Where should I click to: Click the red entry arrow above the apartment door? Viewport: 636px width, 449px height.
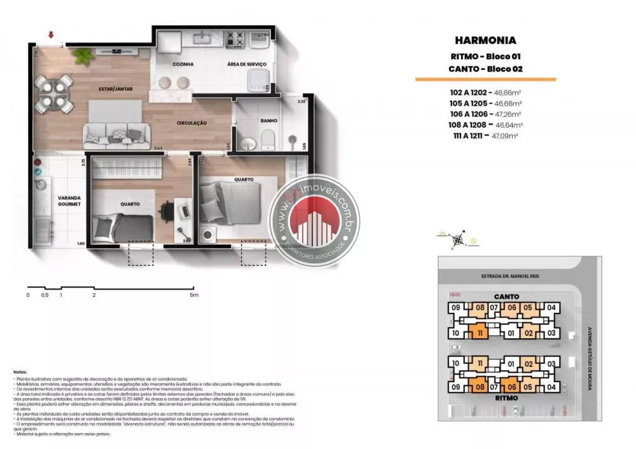pos(51,35)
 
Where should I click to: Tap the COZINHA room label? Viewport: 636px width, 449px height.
pos(183,64)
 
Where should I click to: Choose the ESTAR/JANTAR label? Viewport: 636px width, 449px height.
pos(115,89)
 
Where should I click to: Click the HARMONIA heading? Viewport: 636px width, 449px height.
pos(486,40)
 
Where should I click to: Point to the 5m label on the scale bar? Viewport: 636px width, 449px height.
pos(195,295)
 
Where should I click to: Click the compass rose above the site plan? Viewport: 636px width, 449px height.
pos(457,240)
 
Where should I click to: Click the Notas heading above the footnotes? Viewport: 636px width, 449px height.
pos(20,372)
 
